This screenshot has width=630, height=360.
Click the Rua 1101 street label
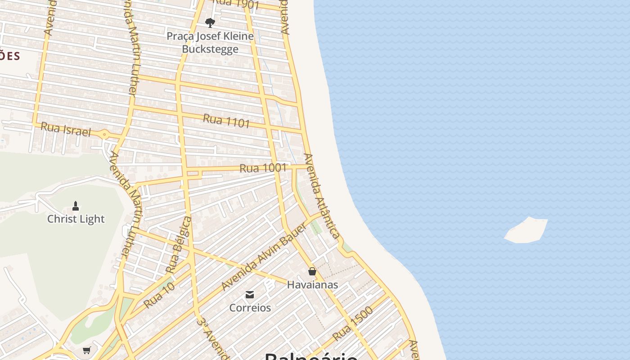point(226,121)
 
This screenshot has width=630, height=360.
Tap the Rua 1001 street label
point(263,168)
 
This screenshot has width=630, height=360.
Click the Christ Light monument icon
point(76,206)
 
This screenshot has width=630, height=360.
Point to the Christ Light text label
point(76,219)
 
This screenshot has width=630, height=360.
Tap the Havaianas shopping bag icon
point(312,271)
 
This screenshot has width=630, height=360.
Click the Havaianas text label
point(312,284)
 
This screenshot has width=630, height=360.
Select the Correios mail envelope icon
point(250,295)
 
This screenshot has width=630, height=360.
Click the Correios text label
point(250,308)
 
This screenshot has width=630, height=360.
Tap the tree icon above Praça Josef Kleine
point(210,22)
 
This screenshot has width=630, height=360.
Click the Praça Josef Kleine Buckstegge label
point(210,42)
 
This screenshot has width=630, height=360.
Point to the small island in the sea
point(526,230)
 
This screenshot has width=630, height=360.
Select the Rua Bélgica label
point(178,245)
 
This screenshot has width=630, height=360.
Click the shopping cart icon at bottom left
point(87,350)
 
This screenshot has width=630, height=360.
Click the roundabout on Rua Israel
point(104,134)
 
